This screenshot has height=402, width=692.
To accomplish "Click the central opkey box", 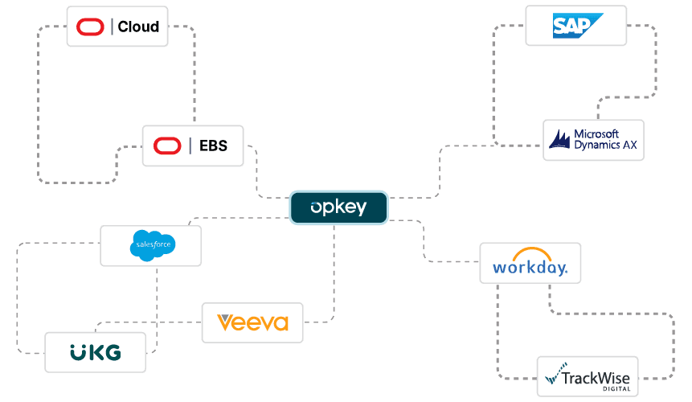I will tap(338, 207).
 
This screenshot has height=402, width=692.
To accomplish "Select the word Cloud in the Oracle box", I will tap(138, 27).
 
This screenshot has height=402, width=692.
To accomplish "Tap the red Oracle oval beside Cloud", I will tap(90, 27).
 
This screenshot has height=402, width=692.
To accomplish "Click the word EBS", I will tap(213, 146).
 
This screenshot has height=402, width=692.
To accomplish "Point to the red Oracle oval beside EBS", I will tap(167, 146).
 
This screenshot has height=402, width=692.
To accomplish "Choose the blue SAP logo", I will tap(575, 25).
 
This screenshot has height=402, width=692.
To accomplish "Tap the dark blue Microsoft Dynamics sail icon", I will tap(560, 140).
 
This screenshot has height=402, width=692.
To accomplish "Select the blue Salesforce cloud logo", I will tap(151, 245).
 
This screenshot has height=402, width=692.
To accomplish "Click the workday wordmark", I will tap(530, 267).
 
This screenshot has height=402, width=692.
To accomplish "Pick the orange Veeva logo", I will tap(252, 323).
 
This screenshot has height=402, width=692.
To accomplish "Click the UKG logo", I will tap(95, 351).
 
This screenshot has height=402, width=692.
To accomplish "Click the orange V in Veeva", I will tap(225, 323).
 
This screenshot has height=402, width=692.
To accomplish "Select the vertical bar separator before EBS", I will tap(190, 146).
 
